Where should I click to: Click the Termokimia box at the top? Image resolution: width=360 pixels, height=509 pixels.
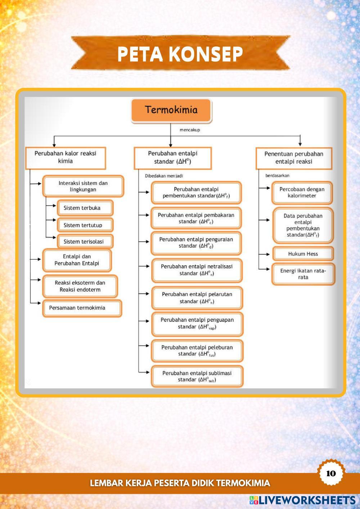pos(171,110)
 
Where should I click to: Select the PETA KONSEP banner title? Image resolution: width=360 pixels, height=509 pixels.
pos(180,54)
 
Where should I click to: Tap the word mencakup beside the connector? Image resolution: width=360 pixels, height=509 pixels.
pos(190,130)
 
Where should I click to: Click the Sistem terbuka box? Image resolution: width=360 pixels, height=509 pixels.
pos(85,208)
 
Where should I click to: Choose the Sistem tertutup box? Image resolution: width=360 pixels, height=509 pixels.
pos(85,225)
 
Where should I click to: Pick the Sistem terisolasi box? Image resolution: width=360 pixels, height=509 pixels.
pos(85,242)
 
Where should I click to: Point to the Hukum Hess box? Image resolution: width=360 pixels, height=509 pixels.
pos(303,254)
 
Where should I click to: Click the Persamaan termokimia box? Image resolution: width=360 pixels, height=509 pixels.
pos(82,308)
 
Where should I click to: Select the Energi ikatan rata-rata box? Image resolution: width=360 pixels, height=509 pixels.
pos(303,274)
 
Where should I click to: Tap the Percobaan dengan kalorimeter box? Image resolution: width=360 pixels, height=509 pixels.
pos(302,193)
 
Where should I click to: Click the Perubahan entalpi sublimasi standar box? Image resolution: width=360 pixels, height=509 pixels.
pos(197,376)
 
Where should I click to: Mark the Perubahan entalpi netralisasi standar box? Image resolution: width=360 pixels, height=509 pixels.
pos(197,270)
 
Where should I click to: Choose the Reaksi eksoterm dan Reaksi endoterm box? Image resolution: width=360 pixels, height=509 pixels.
pos(80,286)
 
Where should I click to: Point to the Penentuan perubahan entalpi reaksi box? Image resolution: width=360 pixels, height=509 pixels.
pos(294,158)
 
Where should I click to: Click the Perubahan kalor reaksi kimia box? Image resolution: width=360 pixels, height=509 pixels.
pos(66,157)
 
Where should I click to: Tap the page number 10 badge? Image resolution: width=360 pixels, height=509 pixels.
pos(331,473)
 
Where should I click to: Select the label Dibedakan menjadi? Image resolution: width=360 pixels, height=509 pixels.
pos(164,176)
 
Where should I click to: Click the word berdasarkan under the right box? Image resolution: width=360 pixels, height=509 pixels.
pos(277,176)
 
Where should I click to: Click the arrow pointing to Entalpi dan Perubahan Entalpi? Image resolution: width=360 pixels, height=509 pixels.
pos(38,259)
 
